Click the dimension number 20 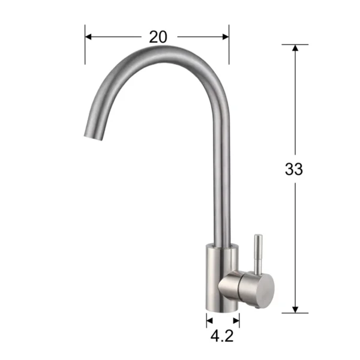pyautogui.click(x=158, y=37)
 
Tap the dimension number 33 pyautogui.click(x=294, y=169)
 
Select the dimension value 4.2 pyautogui.click(x=223, y=336)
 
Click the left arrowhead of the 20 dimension pyautogui.click(x=89, y=37)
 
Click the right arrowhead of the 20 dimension pyautogui.click(x=226, y=37)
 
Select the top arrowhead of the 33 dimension pyautogui.click(x=295, y=48)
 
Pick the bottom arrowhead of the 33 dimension pyautogui.click(x=295, y=308)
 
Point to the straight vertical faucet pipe pyautogui.click(x=220, y=180)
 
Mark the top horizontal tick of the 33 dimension pyautogui.click(x=295, y=44)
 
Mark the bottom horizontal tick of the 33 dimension pyautogui.click(x=295, y=313)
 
